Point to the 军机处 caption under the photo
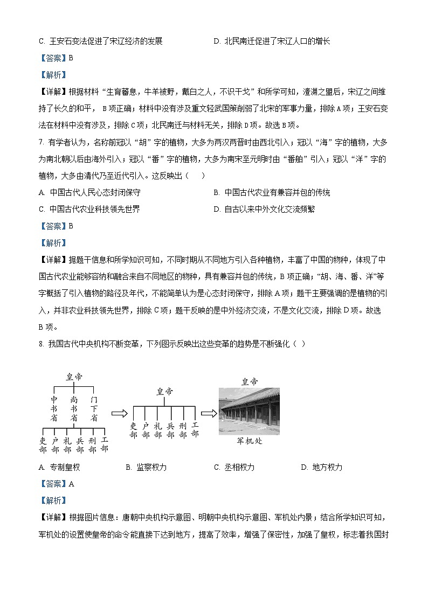[x=249, y=441]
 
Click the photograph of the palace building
[x=249, y=411]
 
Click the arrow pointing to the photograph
[x=209, y=413]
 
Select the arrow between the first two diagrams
[x=119, y=413]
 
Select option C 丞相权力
[x=234, y=467]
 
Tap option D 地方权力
[x=321, y=467]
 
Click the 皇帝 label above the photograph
[x=249, y=381]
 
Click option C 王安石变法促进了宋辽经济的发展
[x=101, y=41]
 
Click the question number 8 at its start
[x=41, y=344]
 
